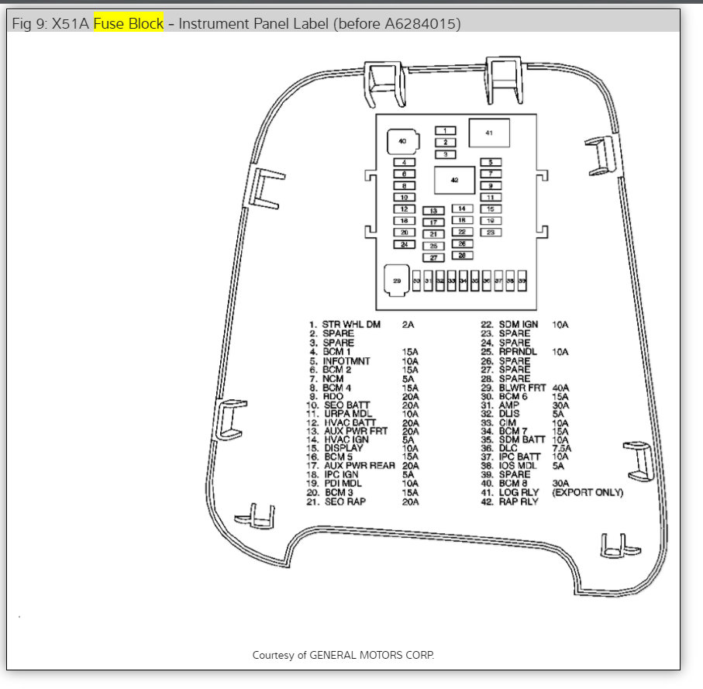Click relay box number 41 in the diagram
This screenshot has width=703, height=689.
[x=489, y=134]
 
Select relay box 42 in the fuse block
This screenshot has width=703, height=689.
[x=454, y=180]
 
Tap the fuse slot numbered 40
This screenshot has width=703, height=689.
[x=402, y=142]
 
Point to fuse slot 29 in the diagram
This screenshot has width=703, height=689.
[x=398, y=281]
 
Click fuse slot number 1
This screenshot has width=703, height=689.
[x=445, y=130]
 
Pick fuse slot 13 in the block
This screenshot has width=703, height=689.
[x=433, y=211]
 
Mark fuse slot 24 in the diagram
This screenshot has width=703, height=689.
[x=404, y=244]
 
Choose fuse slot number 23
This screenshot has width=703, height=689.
[x=490, y=232]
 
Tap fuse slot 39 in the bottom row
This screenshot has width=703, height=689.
[x=522, y=281]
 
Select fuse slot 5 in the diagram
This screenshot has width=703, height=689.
[x=490, y=162]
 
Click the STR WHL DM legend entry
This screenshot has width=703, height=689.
[x=351, y=325]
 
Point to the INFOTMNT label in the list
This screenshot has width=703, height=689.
[x=346, y=360]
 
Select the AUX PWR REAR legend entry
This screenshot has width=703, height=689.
[x=360, y=466]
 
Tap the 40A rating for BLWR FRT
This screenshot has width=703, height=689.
[x=560, y=387]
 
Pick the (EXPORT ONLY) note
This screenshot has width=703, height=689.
[x=588, y=492]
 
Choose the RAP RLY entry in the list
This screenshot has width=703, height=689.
[x=519, y=501]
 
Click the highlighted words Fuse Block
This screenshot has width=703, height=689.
[x=129, y=24]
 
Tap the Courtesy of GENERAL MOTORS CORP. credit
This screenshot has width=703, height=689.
[x=343, y=655]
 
